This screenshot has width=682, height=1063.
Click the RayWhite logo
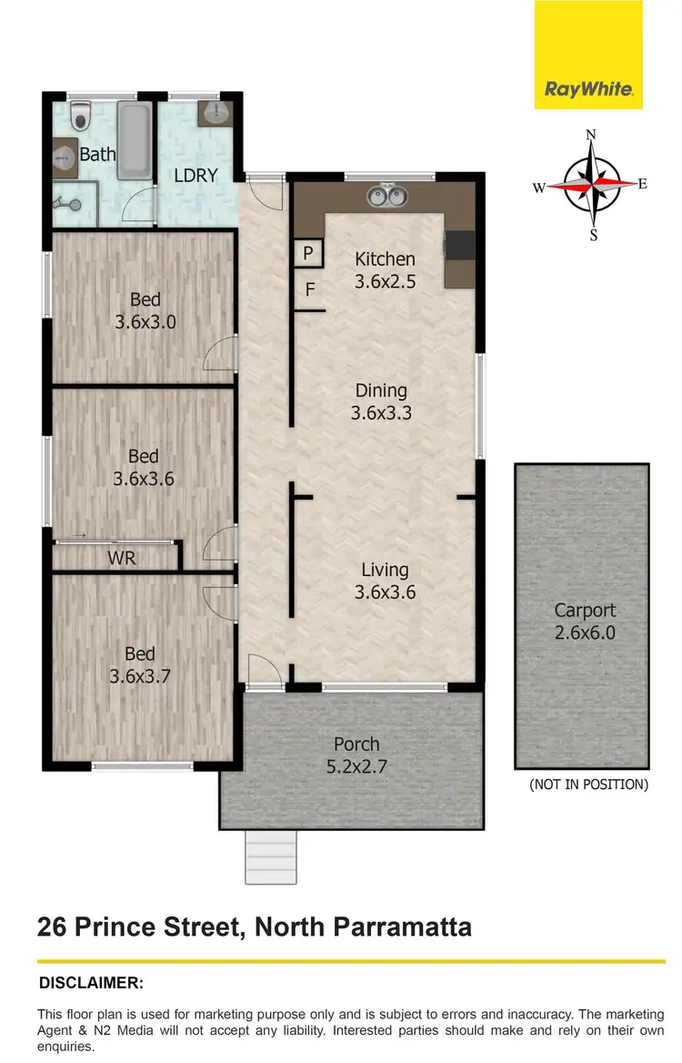tap(588, 89)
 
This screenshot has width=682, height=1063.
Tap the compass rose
tap(592, 185)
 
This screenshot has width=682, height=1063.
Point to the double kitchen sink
tap(386, 196)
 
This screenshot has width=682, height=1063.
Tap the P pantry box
tap(307, 253)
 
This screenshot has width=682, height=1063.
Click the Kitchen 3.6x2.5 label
tap(385, 270)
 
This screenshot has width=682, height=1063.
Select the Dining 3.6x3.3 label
tap(382, 401)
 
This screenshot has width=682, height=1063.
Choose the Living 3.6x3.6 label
tap(384, 581)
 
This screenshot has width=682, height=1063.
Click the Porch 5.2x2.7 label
tap(356, 754)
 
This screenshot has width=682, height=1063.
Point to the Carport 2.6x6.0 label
tap(585, 621)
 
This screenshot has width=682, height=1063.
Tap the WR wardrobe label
tap(122, 558)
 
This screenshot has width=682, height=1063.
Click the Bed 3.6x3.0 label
tap(145, 309)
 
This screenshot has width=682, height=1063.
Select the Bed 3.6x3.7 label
tap(139, 664)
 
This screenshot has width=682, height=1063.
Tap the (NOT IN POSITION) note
tap(588, 785)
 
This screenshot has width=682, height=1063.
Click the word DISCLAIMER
tap(91, 983)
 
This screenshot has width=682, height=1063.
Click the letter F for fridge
tap(309, 291)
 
